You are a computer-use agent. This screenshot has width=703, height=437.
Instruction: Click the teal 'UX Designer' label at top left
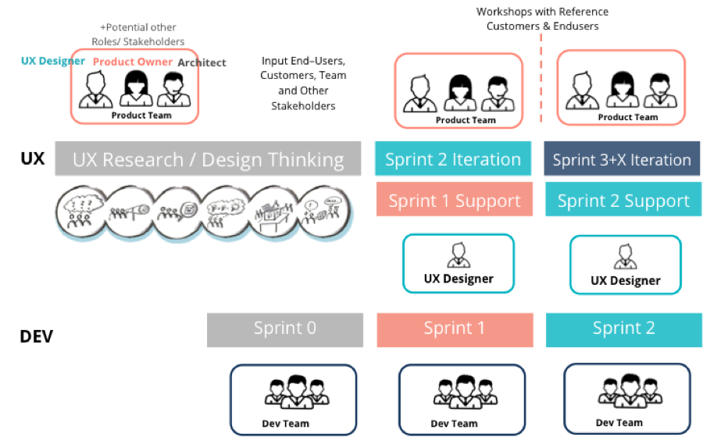pyautogui.click(x=52, y=61)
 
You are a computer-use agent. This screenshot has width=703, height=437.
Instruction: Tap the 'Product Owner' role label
pyautogui.click(x=132, y=62)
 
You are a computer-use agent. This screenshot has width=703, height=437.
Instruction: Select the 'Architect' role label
pyautogui.click(x=202, y=62)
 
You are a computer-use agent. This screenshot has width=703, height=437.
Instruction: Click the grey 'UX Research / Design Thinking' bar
pyautogui.click(x=208, y=159)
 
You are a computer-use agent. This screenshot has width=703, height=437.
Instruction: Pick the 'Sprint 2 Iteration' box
pyautogui.click(x=453, y=159)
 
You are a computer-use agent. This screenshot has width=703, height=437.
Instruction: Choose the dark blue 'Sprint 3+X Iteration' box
pyautogui.click(x=622, y=160)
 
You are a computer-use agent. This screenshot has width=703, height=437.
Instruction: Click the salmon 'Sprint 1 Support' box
pyautogui.click(x=454, y=201)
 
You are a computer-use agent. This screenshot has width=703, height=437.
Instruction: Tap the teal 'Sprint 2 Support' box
pyautogui.click(x=623, y=201)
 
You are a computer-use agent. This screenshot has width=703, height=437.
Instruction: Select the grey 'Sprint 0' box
pyautogui.click(x=285, y=329)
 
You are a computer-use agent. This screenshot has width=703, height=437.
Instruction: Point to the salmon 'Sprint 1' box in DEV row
pyautogui.click(x=454, y=329)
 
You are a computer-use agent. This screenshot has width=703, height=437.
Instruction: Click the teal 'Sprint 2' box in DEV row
pyautogui.click(x=623, y=329)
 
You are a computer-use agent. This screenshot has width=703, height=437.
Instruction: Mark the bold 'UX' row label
pyautogui.click(x=32, y=159)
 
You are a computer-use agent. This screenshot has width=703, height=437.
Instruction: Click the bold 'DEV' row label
pyautogui.click(x=37, y=337)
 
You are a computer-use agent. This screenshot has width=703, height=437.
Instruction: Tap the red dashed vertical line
pyautogui.click(x=541, y=78)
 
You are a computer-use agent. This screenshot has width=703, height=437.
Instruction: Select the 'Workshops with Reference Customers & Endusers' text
pyautogui.click(x=542, y=19)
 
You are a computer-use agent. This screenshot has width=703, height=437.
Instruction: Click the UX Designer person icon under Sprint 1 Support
pyautogui.click(x=458, y=255)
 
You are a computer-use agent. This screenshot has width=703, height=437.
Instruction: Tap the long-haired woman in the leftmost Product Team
pyautogui.click(x=134, y=90)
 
